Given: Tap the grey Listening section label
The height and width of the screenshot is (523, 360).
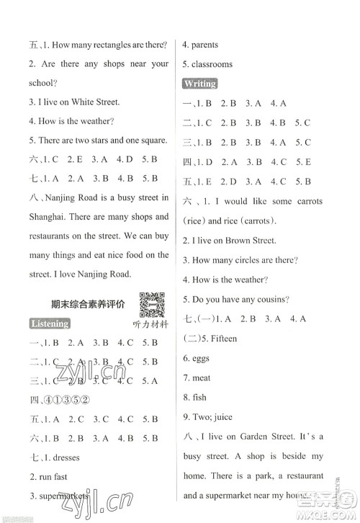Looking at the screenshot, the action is [x=50, y=323].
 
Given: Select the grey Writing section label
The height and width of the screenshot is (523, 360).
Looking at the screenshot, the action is [x=199, y=84].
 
